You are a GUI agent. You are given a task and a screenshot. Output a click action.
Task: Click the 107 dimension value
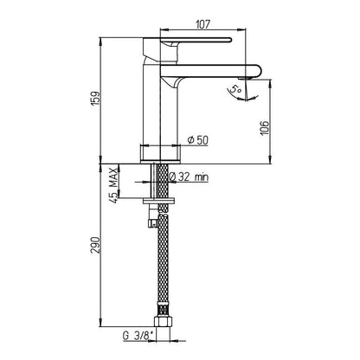click(x=203, y=24)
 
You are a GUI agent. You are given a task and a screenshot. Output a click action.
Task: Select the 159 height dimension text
click(x=95, y=99)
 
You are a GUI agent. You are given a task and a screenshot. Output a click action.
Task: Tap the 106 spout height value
click(x=264, y=127)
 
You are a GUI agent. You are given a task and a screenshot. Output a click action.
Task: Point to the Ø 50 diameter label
click(x=197, y=140)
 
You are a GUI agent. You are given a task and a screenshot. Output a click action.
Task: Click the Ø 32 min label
click(x=189, y=177)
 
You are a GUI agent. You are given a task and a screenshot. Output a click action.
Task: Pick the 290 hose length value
click(x=95, y=245)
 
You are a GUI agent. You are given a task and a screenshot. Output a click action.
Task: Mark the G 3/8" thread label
click(x=139, y=336)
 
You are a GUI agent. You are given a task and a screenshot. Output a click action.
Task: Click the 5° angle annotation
click(x=235, y=89)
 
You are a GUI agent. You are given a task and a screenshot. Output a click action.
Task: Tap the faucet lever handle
click(x=196, y=41)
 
